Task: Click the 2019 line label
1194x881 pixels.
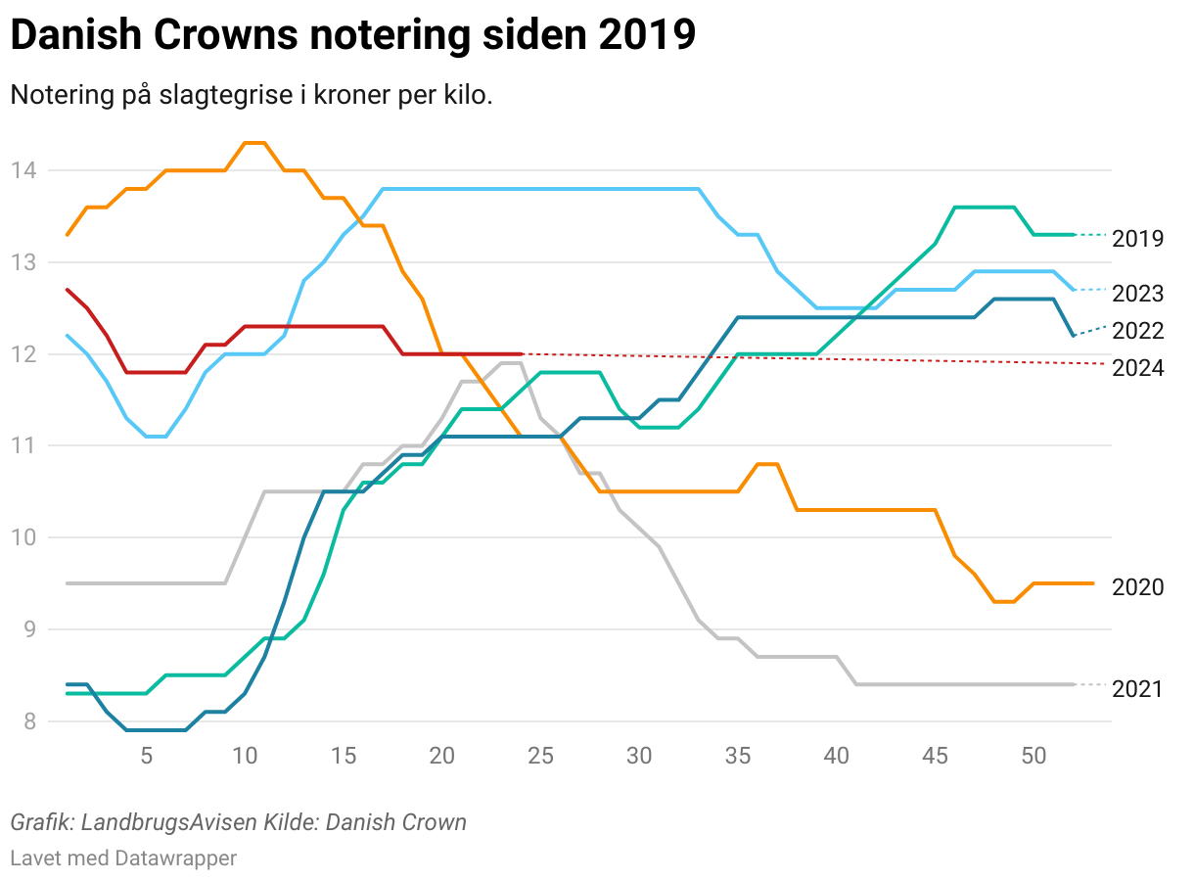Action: click(1137, 239)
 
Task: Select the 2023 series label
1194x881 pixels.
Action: click(1137, 294)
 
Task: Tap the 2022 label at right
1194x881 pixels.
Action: click(1137, 331)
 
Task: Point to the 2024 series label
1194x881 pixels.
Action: click(1137, 368)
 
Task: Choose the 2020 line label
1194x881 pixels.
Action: click(1137, 587)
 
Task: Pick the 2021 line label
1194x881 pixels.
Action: click(1137, 689)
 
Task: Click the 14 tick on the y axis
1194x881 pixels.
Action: click(23, 171)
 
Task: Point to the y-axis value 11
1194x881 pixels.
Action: click(23, 446)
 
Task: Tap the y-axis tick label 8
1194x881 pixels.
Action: click(29, 721)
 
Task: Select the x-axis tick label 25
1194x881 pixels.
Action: click(540, 756)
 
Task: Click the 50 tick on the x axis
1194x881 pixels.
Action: click(1033, 756)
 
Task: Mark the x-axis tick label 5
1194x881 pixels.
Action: click(146, 756)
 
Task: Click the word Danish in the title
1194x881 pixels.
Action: click(74, 36)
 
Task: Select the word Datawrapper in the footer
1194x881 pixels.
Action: click(175, 858)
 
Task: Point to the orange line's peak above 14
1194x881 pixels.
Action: click(254, 143)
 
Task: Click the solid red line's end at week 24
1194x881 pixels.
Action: click(521, 353)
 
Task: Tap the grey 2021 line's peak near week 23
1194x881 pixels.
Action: click(511, 363)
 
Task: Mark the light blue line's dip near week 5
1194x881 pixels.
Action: click(156, 437)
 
